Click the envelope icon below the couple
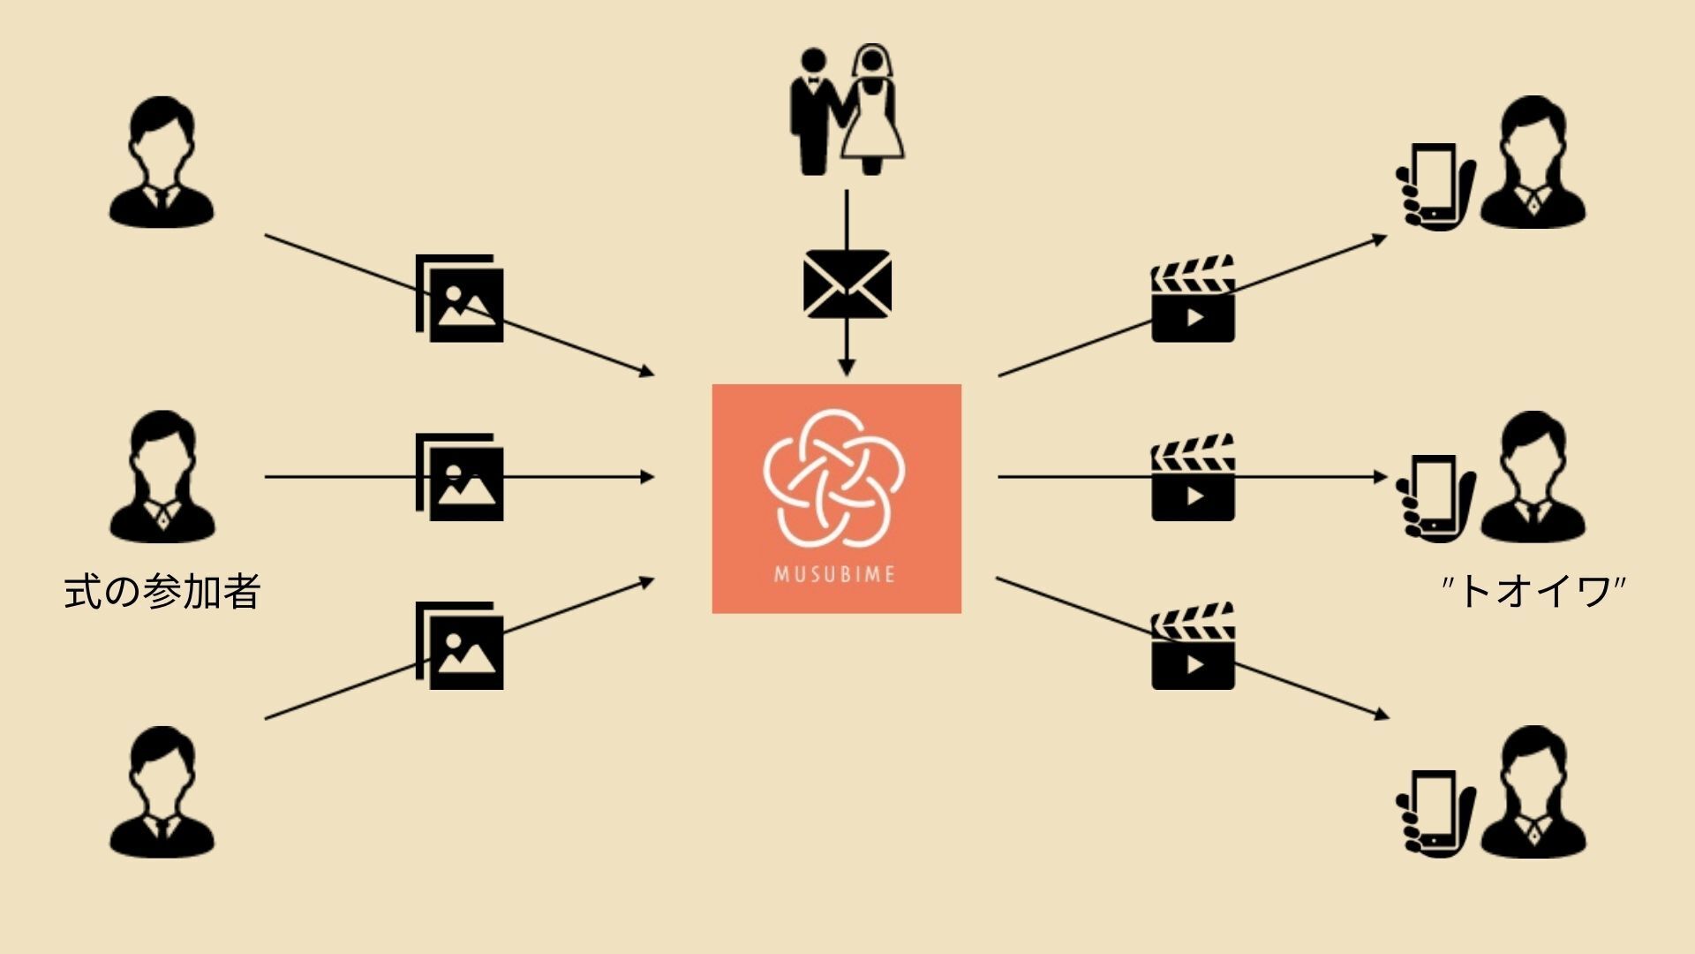click(847, 284)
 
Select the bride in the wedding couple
click(872, 110)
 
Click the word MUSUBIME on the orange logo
click(835, 574)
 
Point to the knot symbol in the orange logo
click(834, 477)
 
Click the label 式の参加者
click(162, 592)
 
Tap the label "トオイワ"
click(1533, 591)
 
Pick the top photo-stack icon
click(460, 299)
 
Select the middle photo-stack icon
click(460, 477)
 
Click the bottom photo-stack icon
click(460, 646)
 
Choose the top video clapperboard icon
click(1193, 299)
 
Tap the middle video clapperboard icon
click(1193, 477)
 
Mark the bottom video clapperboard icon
click(1193, 646)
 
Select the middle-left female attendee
click(162, 477)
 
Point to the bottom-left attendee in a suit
click(162, 792)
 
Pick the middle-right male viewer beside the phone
click(1533, 477)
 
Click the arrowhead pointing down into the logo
click(847, 367)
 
